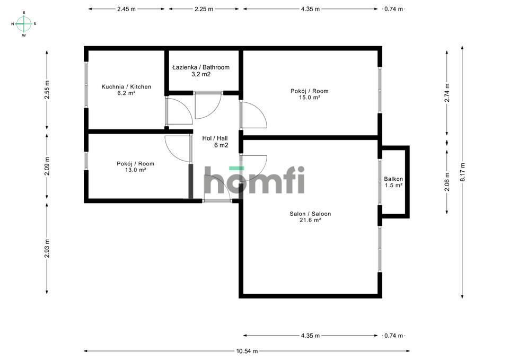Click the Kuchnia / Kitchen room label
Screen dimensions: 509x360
point(126,86)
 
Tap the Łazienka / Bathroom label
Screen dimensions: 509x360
point(201,67)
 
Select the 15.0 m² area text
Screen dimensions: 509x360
point(310,97)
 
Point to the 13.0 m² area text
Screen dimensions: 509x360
point(135,170)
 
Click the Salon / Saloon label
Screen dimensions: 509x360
point(310,214)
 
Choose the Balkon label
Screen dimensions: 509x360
point(393,179)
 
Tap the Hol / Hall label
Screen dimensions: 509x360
point(215,138)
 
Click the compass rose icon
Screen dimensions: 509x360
point(24,24)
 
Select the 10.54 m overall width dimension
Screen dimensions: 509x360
point(247,351)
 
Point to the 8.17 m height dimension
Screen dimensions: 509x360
point(462,172)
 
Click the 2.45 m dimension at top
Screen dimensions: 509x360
point(126,9)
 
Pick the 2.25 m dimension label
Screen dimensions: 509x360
point(204,9)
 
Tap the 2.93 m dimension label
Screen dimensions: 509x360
point(47,248)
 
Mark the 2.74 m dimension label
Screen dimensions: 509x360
point(447,92)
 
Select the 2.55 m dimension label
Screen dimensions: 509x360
point(47,90)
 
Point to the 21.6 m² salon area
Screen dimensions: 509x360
point(310,220)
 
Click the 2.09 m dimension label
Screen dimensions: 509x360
point(47,166)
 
